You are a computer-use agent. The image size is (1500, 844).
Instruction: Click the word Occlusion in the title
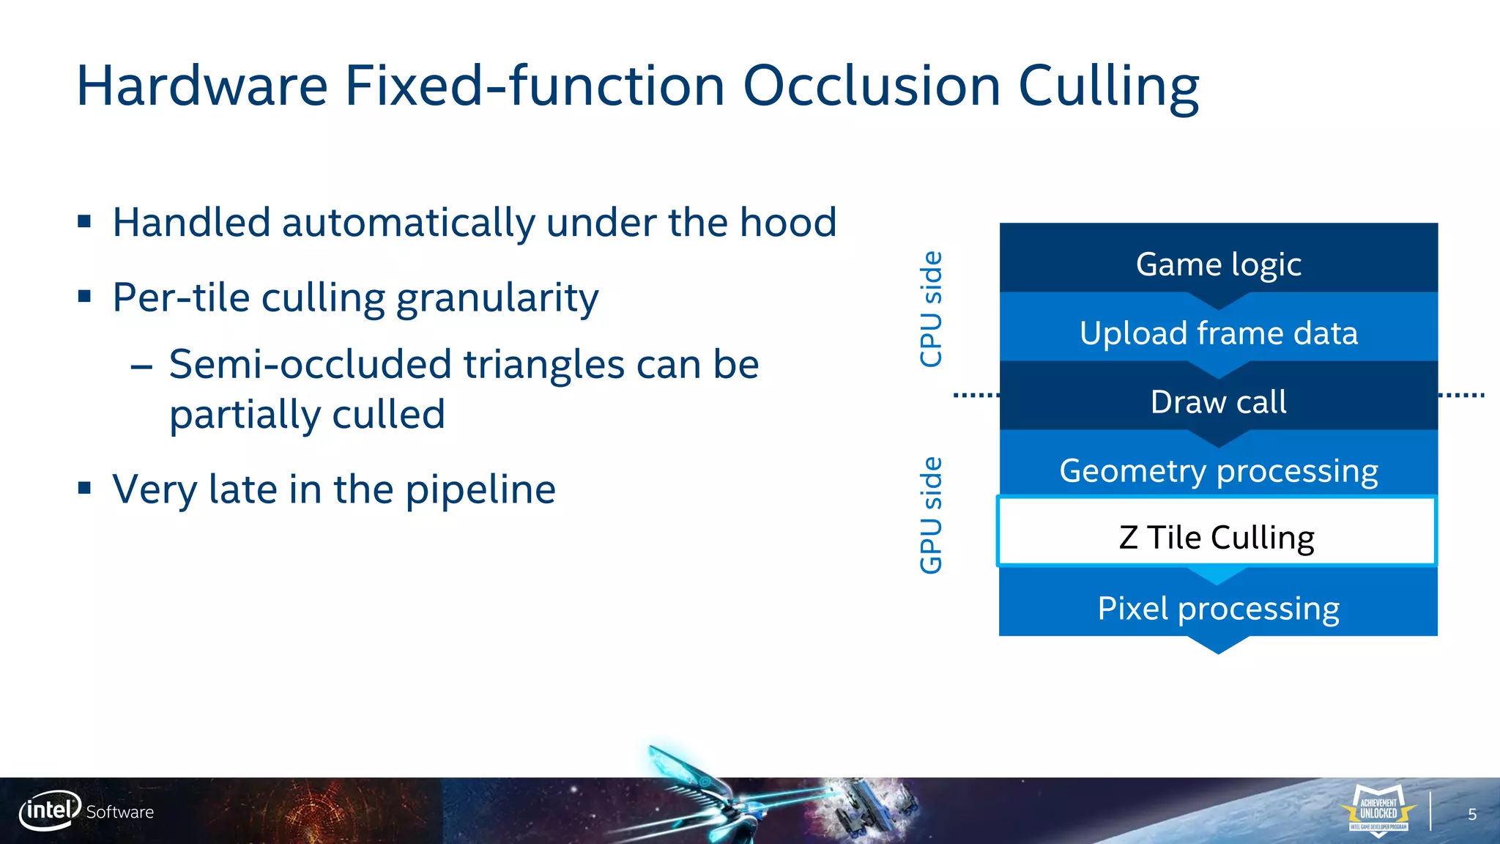pyautogui.click(x=872, y=86)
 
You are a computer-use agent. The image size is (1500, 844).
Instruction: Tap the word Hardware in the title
pyautogui.click(x=202, y=86)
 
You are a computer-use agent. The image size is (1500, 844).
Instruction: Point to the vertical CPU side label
pyautogui.click(x=931, y=308)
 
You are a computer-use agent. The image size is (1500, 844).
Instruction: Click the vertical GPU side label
pyautogui.click(x=931, y=515)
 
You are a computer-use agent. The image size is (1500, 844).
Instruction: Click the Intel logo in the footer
pyautogui.click(x=50, y=810)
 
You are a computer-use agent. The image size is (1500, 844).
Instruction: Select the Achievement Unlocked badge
pyautogui.click(x=1378, y=810)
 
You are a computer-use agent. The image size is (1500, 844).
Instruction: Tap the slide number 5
pyautogui.click(x=1472, y=815)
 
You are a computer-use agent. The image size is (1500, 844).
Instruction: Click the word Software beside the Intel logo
pyautogui.click(x=120, y=812)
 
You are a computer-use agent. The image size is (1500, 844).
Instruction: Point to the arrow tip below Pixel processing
pyautogui.click(x=1218, y=648)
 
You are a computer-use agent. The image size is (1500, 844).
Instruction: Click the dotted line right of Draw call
pyautogui.click(x=1461, y=395)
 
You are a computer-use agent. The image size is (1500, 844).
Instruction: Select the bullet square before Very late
pyautogui.click(x=84, y=488)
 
